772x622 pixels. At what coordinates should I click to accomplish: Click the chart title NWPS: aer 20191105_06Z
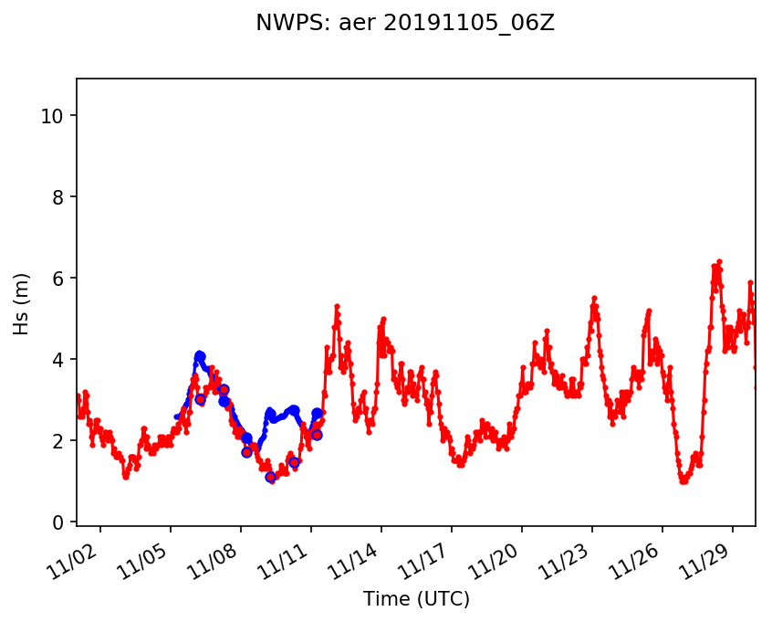click(x=405, y=24)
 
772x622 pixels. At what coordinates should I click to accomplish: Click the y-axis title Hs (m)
click(x=22, y=303)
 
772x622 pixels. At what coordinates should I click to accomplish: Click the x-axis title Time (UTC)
click(x=416, y=599)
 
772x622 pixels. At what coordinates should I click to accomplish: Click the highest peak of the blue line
click(x=200, y=354)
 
